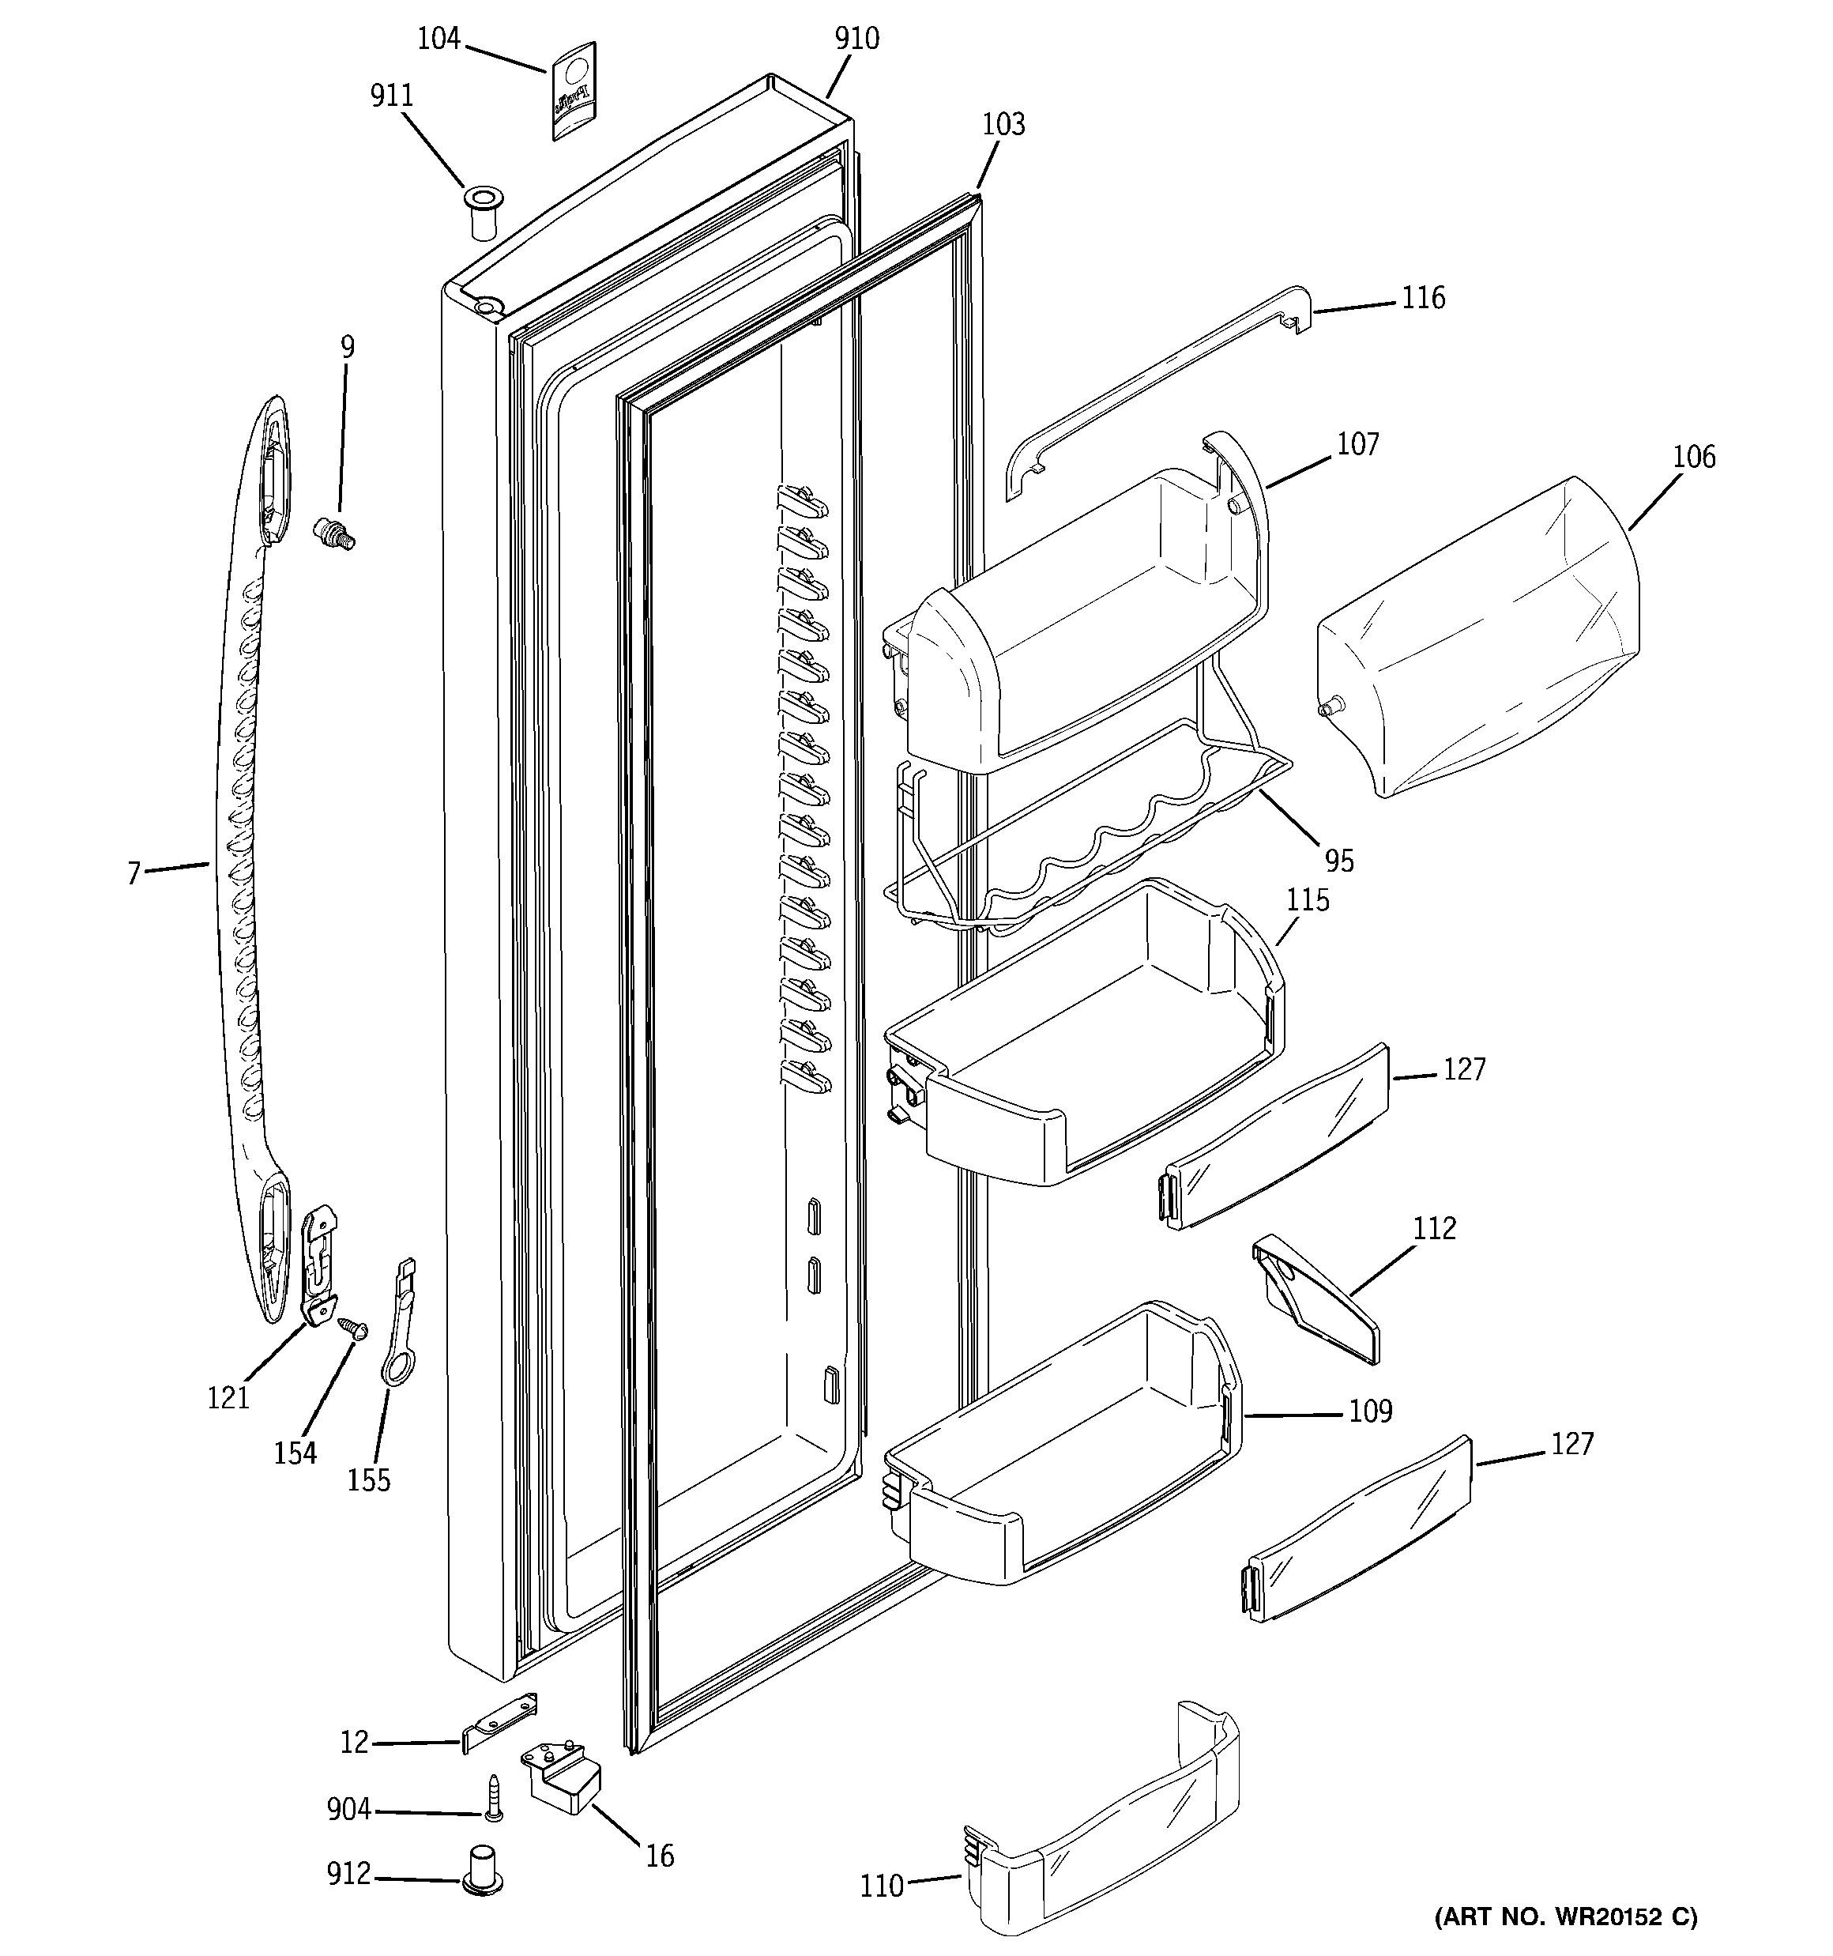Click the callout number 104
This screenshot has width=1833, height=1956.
(x=438, y=39)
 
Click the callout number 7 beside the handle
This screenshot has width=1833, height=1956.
(x=134, y=872)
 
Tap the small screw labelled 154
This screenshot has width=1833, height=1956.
(x=352, y=1328)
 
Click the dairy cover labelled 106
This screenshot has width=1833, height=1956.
(x=1476, y=640)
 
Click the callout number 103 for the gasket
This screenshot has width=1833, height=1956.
(x=1003, y=124)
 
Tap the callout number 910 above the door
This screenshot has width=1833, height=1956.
(x=857, y=39)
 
